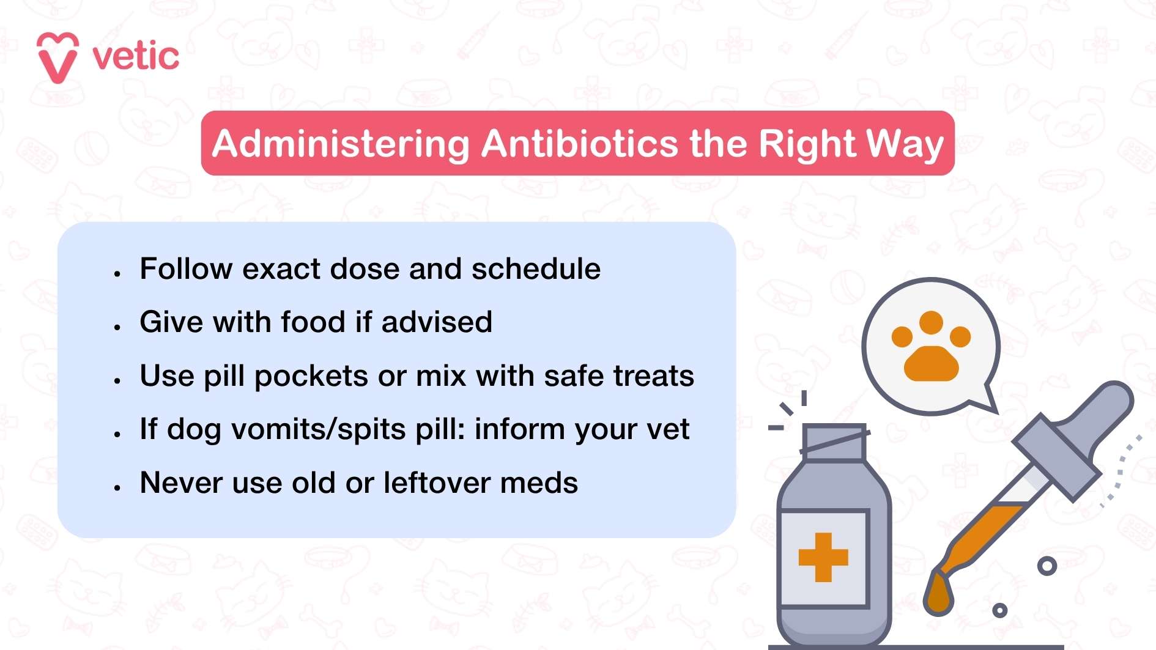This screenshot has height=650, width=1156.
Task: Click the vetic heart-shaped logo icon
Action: tap(57, 57)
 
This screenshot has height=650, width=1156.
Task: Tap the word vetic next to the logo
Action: tap(136, 57)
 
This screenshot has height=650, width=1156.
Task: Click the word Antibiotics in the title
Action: tap(579, 144)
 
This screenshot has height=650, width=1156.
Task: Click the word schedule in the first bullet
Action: tap(536, 269)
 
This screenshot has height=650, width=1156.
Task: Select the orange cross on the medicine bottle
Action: tap(823, 557)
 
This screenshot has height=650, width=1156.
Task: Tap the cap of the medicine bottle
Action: tap(834, 441)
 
